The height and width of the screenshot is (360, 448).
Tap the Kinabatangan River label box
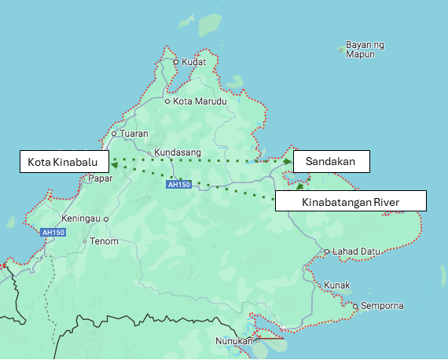(x=351, y=202)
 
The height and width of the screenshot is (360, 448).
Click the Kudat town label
(x=193, y=62)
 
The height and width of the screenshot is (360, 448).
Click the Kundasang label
(x=178, y=152)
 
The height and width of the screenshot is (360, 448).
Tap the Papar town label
(x=101, y=178)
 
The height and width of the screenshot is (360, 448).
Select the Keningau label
(x=82, y=219)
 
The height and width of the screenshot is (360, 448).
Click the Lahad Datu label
(x=356, y=252)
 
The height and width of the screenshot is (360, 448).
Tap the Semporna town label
(x=382, y=305)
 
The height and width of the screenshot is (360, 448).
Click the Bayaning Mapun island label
(x=365, y=50)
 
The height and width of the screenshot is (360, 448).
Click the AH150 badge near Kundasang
(x=178, y=185)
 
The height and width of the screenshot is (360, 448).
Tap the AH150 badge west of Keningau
(x=53, y=233)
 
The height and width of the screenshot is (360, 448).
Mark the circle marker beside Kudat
(x=176, y=62)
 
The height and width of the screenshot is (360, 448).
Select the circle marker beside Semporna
(x=355, y=306)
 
